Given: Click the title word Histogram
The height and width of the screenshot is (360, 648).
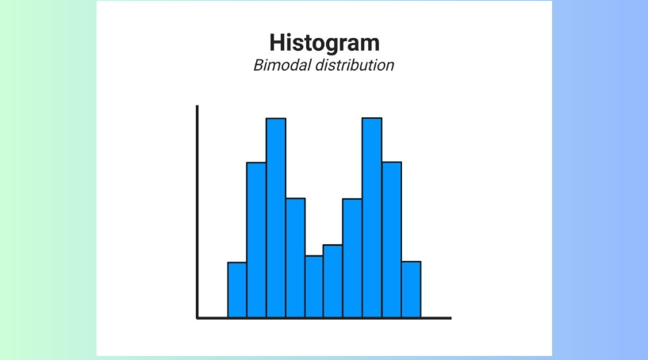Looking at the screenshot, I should coord(324,42).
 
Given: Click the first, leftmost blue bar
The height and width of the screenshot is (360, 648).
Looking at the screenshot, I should coord(237,289).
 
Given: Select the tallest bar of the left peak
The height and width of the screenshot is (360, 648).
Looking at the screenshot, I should coord(275,218).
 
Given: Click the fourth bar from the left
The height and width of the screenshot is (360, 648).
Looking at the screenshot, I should coord(295,258).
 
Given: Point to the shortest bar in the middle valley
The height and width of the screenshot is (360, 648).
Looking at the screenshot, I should coord(314,286).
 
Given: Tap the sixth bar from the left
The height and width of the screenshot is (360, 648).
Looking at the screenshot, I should coord(333,281).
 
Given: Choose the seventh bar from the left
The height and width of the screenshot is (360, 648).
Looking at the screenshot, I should coord(352,258).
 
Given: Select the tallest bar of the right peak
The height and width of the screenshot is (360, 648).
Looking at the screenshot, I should coord(372,218).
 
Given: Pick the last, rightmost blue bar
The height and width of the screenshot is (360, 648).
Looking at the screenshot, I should coord(411,289).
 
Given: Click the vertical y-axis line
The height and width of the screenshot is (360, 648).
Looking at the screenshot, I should coord(197,214).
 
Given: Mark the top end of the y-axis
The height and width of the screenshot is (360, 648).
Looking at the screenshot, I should coord(197,106).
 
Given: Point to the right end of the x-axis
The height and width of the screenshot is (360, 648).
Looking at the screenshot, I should coord(449,318).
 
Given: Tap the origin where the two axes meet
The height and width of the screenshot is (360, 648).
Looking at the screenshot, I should coord(197,318).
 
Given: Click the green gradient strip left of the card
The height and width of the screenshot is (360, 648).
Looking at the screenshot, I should coord(48,180).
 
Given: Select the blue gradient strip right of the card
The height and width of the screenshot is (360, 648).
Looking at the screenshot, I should coord(600,180).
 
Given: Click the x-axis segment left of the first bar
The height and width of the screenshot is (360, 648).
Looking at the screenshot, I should coord(213,318).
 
